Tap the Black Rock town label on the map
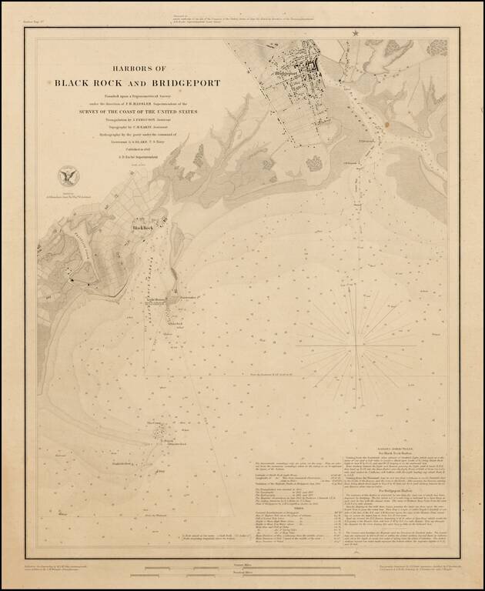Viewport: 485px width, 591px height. [x=144, y=229]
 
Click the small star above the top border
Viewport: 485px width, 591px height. [x=356, y=32]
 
